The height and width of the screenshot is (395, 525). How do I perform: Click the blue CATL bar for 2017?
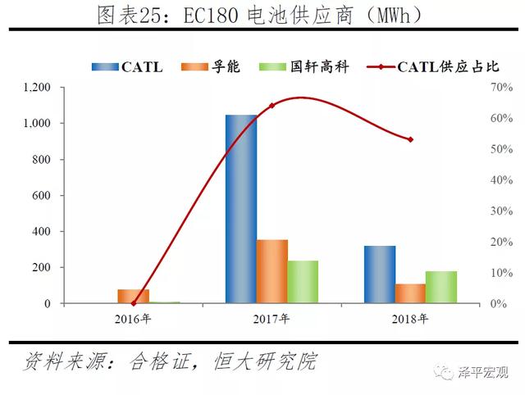(241, 209)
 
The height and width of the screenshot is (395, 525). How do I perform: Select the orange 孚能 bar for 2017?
(272, 271)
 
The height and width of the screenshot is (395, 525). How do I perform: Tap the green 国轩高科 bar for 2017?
(303, 282)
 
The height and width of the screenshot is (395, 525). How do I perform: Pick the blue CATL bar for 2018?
(380, 275)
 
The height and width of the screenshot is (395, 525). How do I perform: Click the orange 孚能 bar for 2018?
(411, 293)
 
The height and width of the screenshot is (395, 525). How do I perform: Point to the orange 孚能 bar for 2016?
(134, 296)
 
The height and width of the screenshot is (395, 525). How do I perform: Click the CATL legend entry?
(127, 67)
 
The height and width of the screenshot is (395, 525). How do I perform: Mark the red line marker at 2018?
(410, 139)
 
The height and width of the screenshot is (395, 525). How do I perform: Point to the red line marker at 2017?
(272, 105)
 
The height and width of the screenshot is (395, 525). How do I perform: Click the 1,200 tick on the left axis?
(37, 88)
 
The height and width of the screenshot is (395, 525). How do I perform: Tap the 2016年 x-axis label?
(134, 319)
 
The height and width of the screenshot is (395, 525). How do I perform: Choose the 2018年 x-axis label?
(411, 319)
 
